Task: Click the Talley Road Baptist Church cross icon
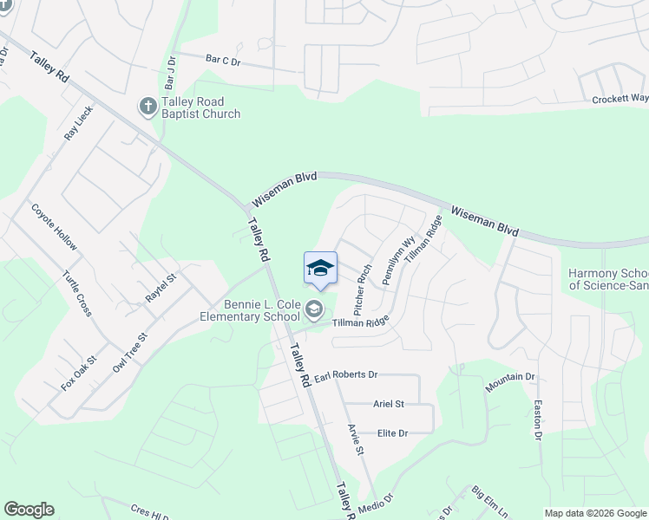click(147, 107)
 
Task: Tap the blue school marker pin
click(320, 268)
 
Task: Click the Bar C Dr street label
click(222, 60)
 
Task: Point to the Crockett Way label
click(619, 99)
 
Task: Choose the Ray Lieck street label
click(78, 125)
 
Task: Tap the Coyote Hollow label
click(54, 228)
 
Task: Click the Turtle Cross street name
click(77, 293)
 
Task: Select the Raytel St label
click(161, 287)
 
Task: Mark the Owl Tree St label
click(128, 351)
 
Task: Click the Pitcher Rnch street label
click(363, 289)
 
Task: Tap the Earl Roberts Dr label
click(346, 375)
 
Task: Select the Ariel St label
click(389, 404)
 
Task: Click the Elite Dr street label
click(392, 432)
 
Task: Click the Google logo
click(29, 510)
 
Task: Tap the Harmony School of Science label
click(607, 279)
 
